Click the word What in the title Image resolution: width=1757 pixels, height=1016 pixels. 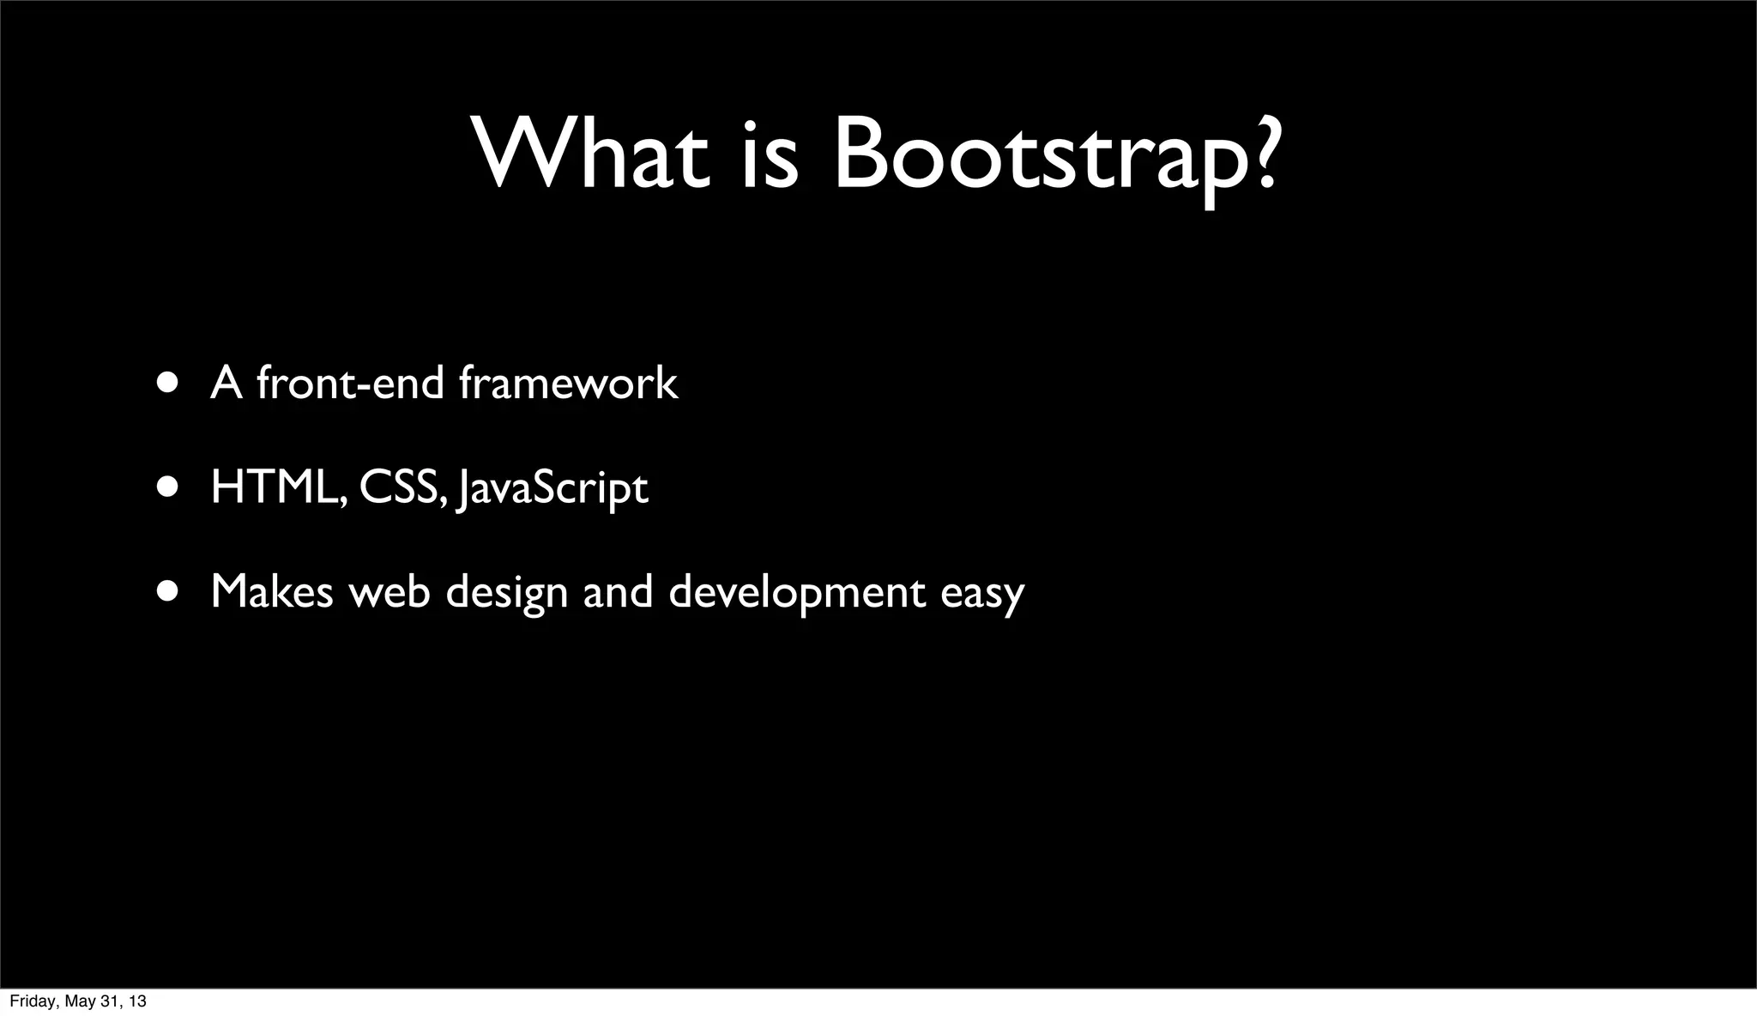[592, 154]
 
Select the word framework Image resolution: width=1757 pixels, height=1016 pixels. [568, 382]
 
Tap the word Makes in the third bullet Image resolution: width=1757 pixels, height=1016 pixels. [272, 591]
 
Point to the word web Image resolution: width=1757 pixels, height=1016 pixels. [389, 591]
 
